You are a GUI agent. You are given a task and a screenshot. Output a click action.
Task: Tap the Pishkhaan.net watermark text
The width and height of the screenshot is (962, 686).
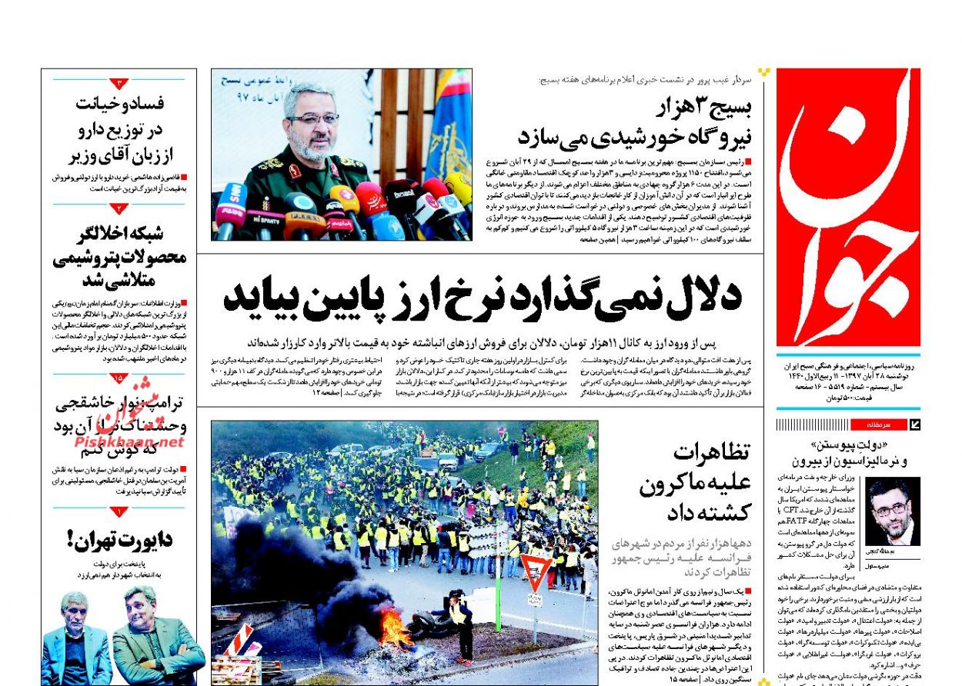pyautogui.click(x=129, y=441)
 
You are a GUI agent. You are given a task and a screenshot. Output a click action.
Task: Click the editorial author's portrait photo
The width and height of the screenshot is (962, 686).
pyautogui.click(x=892, y=511)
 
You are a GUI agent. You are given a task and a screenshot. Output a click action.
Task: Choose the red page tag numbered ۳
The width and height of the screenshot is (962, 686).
pyautogui.click(x=119, y=83)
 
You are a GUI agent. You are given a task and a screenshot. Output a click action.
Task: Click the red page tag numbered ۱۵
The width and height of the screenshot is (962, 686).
pyautogui.click(x=119, y=378)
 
